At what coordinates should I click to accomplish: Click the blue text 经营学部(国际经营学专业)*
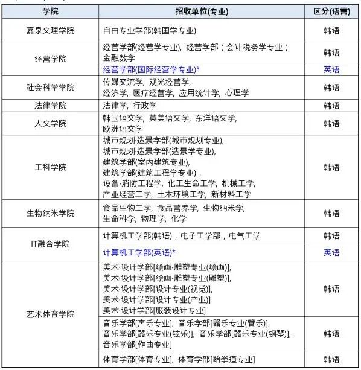(151, 70)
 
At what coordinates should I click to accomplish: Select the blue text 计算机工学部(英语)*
(139, 252)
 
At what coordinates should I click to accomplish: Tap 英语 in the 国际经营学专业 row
(331, 70)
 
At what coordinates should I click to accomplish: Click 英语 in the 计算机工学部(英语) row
(331, 252)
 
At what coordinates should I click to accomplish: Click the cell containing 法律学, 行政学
(130, 106)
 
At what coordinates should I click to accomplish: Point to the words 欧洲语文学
(123, 129)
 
